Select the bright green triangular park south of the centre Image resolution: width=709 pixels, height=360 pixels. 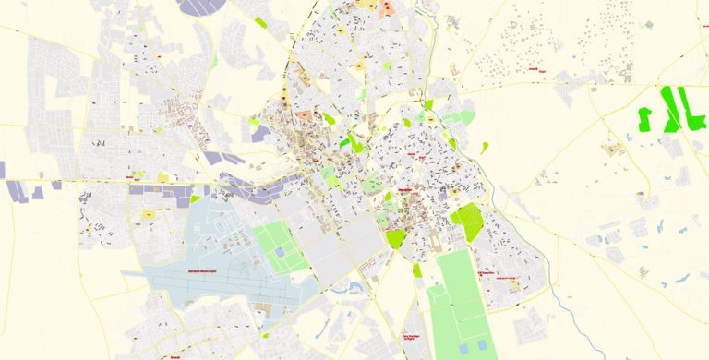click(x=396, y=237)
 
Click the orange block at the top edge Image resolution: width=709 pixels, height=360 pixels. click(x=389, y=6)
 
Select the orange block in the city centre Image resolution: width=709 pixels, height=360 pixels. click(x=305, y=117)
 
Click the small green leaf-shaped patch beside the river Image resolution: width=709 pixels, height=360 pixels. click(x=485, y=146)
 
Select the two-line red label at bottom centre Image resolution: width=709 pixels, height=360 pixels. click(x=412, y=338)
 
